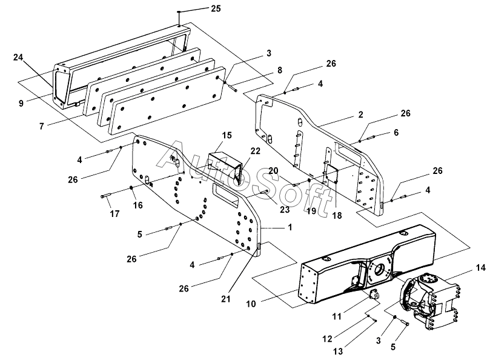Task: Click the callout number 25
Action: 216,8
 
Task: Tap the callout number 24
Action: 18,58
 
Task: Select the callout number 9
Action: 21,103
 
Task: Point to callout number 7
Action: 42,126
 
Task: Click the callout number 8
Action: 280,70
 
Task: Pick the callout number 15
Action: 227,135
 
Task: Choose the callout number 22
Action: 255,151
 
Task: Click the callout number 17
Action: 114,213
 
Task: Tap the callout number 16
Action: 137,205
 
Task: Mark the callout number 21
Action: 226,299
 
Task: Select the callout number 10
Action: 251,304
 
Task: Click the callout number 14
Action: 481,268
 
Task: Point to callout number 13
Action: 338,352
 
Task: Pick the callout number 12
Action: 327,339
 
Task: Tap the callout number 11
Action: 337,316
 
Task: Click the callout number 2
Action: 361,115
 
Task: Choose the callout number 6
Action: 396,132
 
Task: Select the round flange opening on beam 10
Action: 379,268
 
